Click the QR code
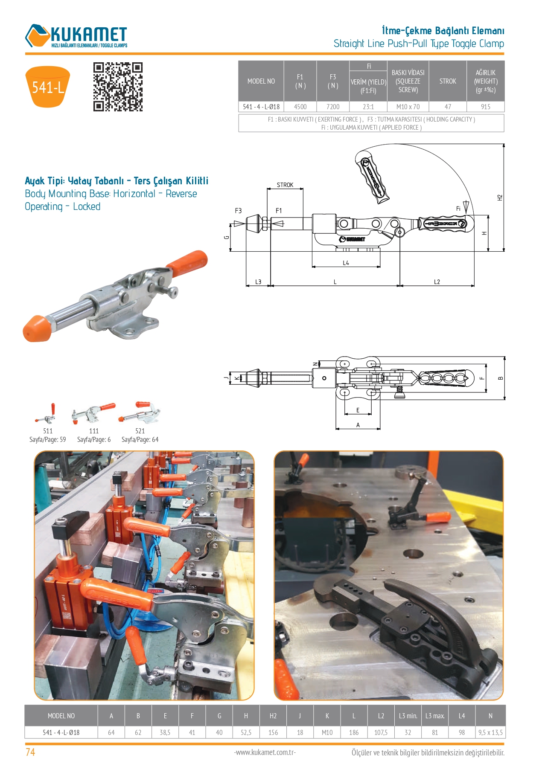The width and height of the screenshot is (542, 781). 118,87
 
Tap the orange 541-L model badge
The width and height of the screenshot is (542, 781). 48,87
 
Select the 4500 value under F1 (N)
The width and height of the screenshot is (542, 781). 300,107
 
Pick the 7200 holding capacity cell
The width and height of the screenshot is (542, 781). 333,107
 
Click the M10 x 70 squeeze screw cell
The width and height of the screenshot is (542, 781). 408,107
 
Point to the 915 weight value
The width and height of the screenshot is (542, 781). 486,107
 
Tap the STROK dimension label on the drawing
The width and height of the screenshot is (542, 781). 285,185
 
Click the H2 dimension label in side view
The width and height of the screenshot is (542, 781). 500,197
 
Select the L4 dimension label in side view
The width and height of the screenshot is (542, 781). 346,263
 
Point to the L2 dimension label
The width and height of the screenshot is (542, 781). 437,282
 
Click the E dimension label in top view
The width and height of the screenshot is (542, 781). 358,410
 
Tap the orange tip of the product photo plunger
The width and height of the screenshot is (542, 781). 37,328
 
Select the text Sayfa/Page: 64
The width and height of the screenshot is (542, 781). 140,439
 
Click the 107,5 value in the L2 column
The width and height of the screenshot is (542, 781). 381,732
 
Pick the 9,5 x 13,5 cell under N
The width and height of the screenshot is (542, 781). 490,732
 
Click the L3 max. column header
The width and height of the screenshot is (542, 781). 435,716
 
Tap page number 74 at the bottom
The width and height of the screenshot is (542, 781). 30,752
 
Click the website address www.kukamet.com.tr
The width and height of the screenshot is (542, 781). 265,752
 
